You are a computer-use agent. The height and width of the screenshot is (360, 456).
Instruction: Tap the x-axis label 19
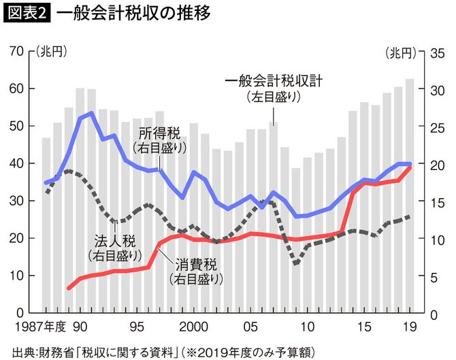(x=410, y=325)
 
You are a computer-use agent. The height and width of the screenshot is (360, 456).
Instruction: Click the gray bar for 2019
(x=410, y=197)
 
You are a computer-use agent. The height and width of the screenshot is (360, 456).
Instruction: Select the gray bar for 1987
(x=46, y=225)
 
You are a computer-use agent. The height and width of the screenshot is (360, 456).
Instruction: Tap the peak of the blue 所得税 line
(x=91, y=113)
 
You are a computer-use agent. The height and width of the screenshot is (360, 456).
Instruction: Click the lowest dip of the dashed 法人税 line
(x=296, y=263)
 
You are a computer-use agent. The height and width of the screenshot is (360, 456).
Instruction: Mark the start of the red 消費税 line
(x=69, y=289)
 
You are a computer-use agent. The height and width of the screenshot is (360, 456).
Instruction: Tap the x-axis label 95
(x=137, y=325)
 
